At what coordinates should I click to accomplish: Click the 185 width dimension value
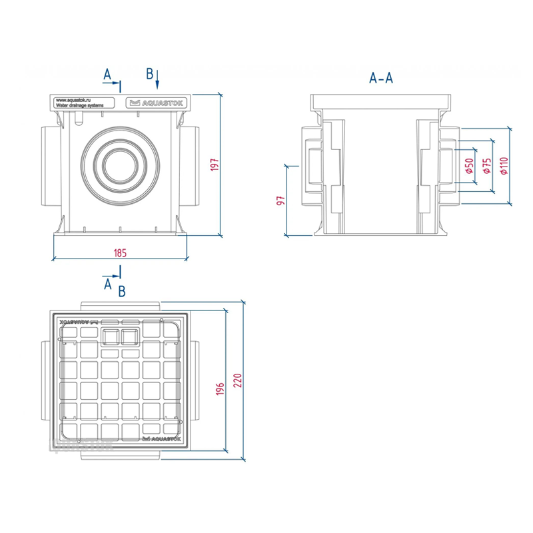(121, 253)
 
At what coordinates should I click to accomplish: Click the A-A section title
(381, 78)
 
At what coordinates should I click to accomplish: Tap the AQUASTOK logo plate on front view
(158, 102)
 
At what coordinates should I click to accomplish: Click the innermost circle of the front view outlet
(121, 165)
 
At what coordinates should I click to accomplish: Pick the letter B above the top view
(122, 291)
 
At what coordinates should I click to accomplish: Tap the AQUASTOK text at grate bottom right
(158, 439)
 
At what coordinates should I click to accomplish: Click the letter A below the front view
(107, 284)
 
